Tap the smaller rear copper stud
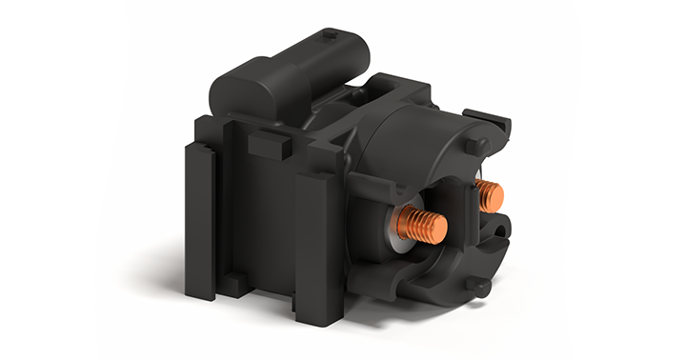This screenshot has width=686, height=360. pos(490,195)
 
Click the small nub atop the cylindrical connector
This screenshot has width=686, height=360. pos(330,36)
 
